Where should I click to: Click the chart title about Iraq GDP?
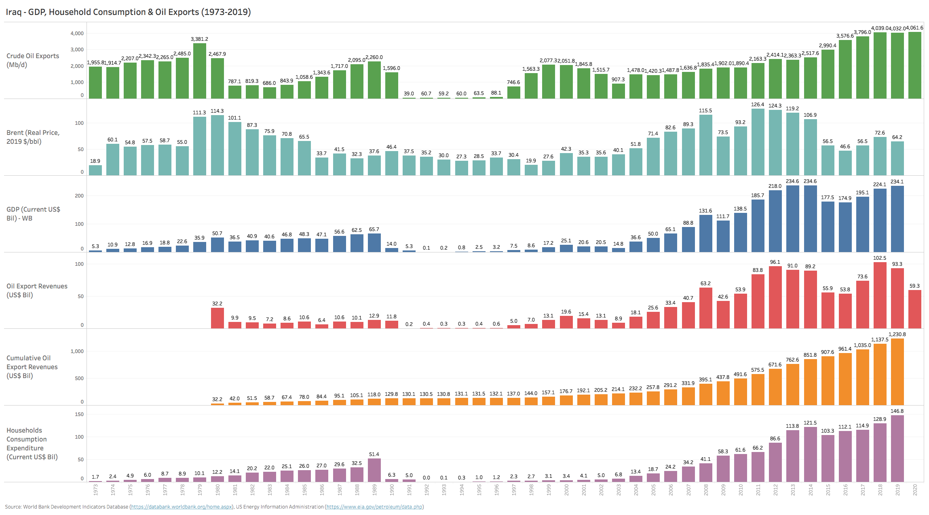point(128,12)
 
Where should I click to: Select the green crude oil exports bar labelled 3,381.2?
point(200,71)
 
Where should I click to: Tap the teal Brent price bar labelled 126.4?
point(758,141)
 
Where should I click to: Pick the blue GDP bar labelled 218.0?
point(775,221)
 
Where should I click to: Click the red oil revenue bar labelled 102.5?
point(880,295)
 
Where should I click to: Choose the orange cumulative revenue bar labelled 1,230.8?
point(897,372)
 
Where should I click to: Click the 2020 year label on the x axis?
point(915,490)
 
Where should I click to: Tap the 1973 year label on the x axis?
point(95,490)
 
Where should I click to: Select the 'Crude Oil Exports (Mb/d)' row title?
point(33,60)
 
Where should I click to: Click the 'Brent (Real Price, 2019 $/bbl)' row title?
point(33,137)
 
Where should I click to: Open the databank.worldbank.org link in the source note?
point(181,507)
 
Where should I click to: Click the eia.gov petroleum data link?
point(374,507)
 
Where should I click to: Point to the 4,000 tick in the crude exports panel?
point(77,34)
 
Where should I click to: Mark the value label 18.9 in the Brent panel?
point(95,161)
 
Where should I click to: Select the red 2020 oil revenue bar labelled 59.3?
point(914,309)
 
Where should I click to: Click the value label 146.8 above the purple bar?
point(897,411)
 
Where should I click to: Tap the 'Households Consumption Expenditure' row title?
point(32,444)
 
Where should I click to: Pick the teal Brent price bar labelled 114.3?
point(217,145)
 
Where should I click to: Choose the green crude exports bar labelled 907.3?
point(618,91)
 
